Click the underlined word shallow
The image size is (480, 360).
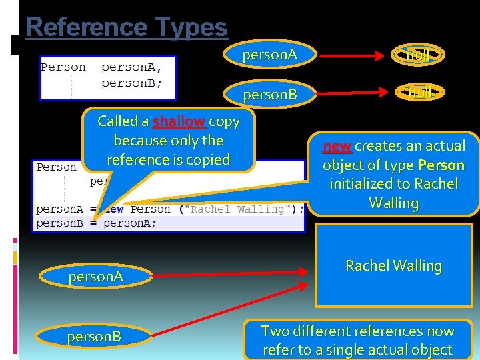tap(179, 121)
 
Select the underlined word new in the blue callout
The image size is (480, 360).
tap(337, 146)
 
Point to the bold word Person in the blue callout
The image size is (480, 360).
tap(441, 165)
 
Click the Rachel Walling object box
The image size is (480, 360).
tap(393, 265)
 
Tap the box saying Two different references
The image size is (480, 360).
tap(357, 340)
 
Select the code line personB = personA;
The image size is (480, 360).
tap(97, 223)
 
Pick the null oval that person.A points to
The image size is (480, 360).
tap(418, 55)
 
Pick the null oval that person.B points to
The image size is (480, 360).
tap(420, 93)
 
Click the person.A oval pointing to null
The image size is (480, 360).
tap(269, 55)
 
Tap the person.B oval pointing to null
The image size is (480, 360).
tap(269, 95)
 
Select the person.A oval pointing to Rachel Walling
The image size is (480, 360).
tap(95, 276)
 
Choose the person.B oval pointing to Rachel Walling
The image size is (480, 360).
tap(94, 337)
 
